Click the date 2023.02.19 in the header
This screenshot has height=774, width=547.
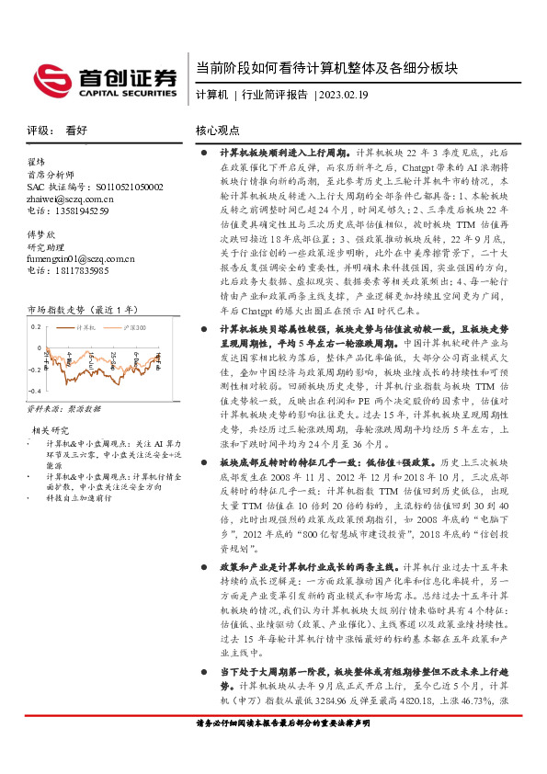(x=343, y=95)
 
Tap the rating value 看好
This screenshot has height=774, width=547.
(x=76, y=131)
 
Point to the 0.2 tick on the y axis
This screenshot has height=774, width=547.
(x=36, y=326)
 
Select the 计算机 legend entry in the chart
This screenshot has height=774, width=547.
(x=87, y=326)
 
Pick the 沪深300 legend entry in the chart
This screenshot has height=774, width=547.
(x=131, y=326)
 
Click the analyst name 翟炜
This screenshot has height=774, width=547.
(x=37, y=162)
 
